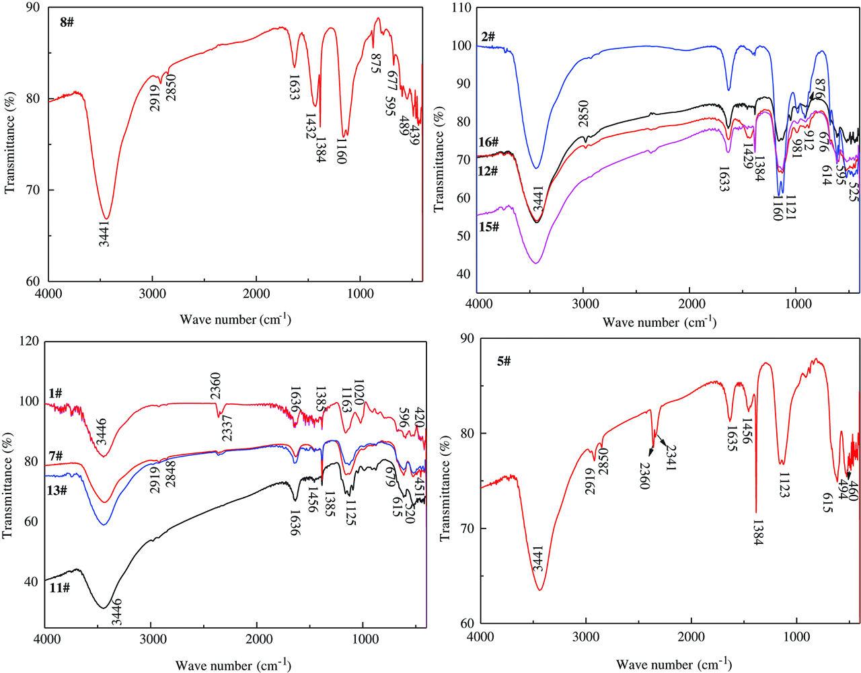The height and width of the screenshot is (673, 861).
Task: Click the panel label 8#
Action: [67, 22]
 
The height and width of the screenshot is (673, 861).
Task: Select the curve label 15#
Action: [488, 227]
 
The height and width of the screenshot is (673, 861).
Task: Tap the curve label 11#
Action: [59, 588]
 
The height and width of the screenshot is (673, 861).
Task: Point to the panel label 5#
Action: [504, 362]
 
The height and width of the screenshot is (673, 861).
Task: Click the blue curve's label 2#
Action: [488, 37]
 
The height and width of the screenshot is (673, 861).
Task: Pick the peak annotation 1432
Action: [310, 126]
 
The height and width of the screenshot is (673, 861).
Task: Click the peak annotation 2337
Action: [227, 428]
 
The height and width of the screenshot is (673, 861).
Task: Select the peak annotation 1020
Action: [358, 392]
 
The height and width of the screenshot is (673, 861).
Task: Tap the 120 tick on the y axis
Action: [29, 342]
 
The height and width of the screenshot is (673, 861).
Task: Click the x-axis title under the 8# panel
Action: [235, 319]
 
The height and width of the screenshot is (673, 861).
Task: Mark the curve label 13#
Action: [57, 490]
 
